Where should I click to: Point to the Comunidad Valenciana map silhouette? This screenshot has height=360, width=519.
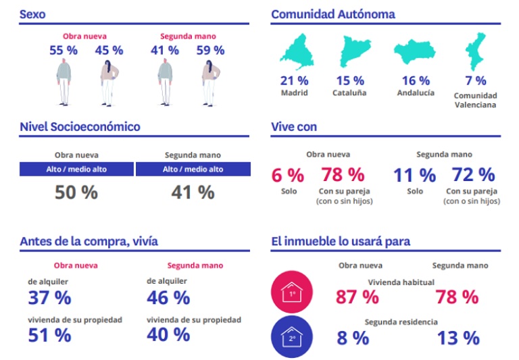(475, 53)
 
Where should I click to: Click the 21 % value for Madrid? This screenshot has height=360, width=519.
(293, 81)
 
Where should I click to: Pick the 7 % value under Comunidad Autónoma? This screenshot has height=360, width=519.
(475, 81)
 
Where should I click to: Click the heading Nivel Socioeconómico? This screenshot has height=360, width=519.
(80, 126)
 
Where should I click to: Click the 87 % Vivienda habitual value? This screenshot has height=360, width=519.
(357, 297)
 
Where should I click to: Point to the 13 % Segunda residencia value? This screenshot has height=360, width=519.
(458, 338)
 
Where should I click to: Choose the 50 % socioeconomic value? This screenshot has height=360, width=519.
(76, 192)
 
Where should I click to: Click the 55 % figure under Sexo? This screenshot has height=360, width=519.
(64, 50)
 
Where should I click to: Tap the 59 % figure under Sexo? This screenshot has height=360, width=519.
(210, 50)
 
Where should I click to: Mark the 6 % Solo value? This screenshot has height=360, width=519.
(288, 176)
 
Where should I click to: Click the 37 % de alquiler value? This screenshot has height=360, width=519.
(49, 297)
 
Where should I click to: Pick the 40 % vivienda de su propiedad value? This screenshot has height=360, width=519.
(168, 334)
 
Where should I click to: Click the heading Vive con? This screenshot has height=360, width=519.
(294, 126)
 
